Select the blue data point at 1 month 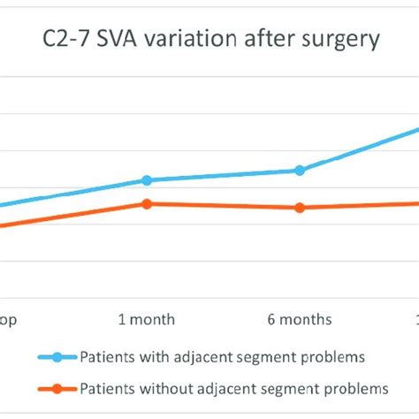[x=147, y=179]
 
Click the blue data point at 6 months [x=300, y=170]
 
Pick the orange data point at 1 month [x=147, y=203]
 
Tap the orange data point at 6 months [x=300, y=208]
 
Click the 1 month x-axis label [x=147, y=319]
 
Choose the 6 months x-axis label [x=300, y=319]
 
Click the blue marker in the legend [x=57, y=357]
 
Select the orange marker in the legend [x=57, y=388]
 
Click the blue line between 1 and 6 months [x=223, y=175]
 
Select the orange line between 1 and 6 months [x=223, y=206]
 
